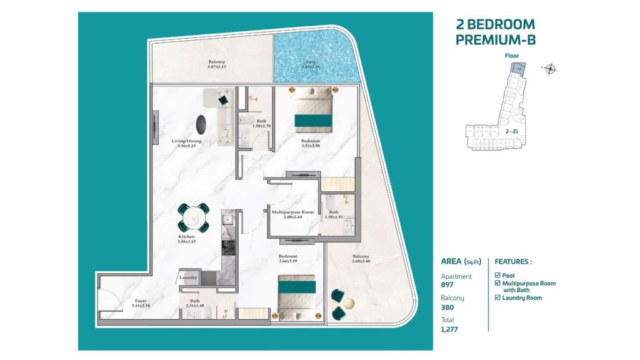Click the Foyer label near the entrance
click(139, 301)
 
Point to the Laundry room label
click(188, 277)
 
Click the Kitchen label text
click(186, 237)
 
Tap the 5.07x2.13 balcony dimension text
click(217, 69)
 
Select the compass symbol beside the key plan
click(550, 69)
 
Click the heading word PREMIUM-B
click(495, 41)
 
